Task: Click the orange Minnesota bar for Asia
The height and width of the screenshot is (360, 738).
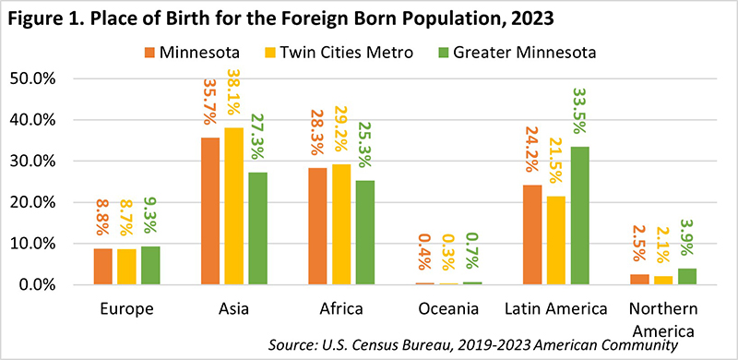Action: click(x=210, y=211)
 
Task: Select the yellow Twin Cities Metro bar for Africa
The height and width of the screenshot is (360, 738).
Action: click(x=340, y=224)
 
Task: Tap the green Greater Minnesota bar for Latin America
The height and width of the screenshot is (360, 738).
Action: click(x=579, y=216)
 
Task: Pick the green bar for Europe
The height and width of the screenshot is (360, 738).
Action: click(x=150, y=266)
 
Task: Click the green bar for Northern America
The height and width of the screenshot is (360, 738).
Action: click(x=686, y=277)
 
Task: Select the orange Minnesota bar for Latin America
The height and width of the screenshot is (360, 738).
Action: click(x=532, y=235)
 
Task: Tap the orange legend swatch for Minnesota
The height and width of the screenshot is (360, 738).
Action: click(x=149, y=52)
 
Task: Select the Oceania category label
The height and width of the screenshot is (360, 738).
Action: click(x=449, y=309)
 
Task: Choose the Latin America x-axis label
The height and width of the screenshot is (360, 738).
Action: click(x=556, y=309)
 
